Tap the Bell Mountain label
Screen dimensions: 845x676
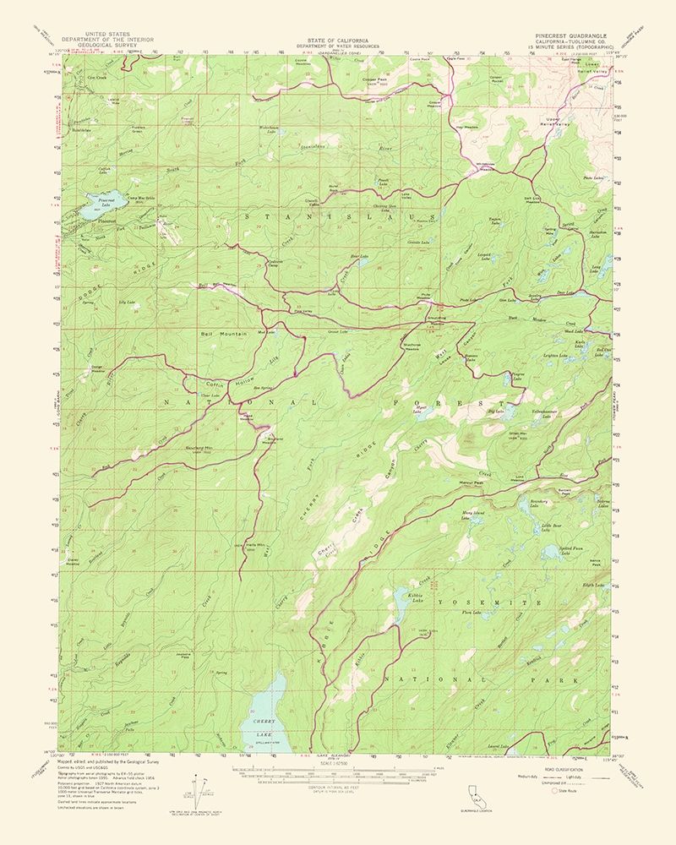(x=224, y=334)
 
